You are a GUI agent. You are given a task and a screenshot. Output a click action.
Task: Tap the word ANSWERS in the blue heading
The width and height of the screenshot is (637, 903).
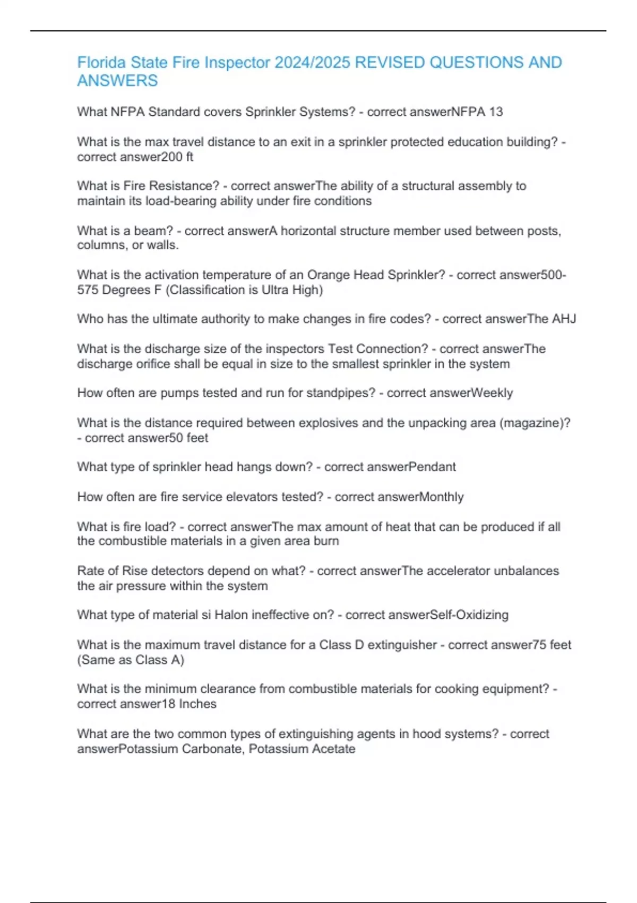pos(117,81)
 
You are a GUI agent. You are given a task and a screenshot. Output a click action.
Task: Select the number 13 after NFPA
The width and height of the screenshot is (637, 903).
pos(496,112)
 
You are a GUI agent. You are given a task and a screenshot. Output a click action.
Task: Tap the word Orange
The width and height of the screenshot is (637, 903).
pos(327,275)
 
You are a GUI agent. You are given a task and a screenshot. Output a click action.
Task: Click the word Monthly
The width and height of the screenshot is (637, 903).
pos(441,497)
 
